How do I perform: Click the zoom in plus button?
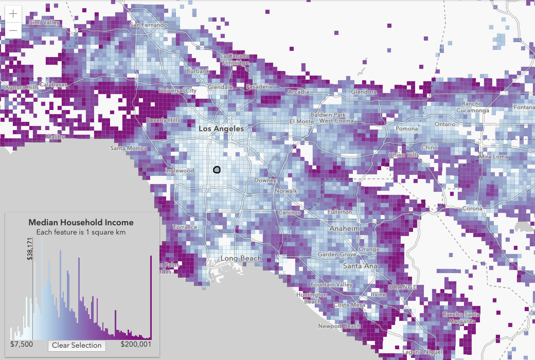coord(13,13)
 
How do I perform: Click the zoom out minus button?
coord(13,30)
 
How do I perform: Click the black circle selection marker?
coord(217,169)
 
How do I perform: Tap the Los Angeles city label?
coord(221,129)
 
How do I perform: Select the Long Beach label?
coord(241,258)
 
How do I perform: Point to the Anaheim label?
coord(345,228)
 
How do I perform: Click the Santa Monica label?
coord(129,148)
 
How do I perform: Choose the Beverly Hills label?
coord(163,120)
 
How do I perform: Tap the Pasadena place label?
coord(259,86)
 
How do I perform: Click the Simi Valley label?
coord(44,23)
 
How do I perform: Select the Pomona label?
coord(406,129)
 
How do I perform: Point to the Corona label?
coord(472,209)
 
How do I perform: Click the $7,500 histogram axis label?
coord(22,345)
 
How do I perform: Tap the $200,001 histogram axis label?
coord(136,345)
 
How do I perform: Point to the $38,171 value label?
coord(30,248)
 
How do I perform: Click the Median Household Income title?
coord(81,222)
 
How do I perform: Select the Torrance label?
coord(185,227)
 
